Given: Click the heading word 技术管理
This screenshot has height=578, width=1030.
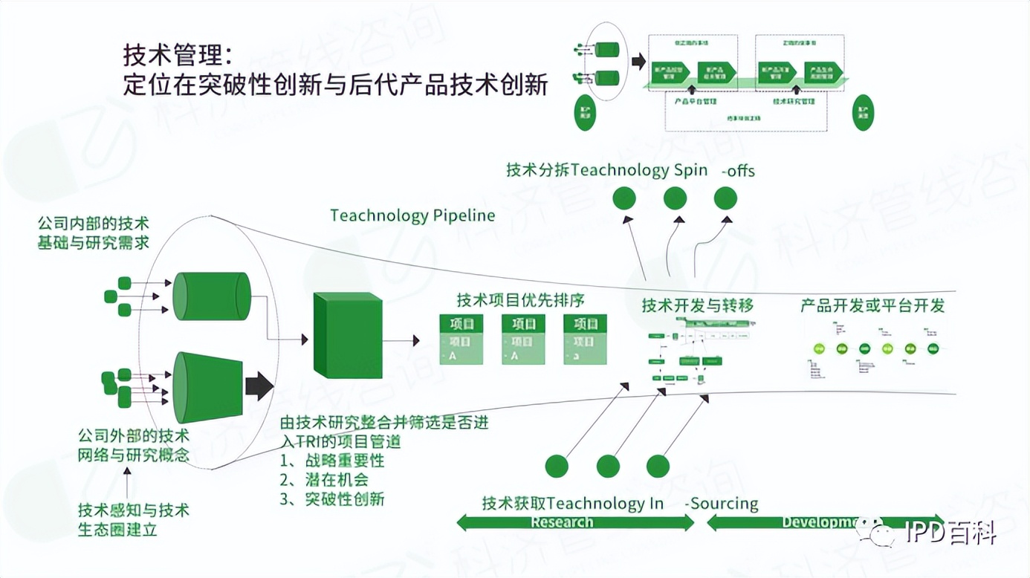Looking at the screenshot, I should [x=172, y=56].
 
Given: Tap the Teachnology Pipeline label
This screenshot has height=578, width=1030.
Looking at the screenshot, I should [x=412, y=215].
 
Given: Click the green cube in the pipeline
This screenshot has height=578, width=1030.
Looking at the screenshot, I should [x=348, y=335].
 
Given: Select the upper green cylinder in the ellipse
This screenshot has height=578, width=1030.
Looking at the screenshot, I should [x=211, y=296].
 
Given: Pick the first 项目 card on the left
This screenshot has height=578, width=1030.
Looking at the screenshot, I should [x=461, y=340].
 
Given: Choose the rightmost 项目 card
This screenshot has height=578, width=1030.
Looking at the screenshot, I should [x=585, y=340].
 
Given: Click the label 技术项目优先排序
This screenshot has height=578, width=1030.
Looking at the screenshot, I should [x=520, y=300].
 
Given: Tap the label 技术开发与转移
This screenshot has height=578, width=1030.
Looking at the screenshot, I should [x=698, y=305].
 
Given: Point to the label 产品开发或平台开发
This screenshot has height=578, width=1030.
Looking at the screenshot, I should [x=872, y=305].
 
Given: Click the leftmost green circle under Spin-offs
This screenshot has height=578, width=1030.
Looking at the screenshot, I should [x=624, y=198].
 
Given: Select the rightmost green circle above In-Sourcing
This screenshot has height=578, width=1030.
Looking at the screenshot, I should [x=658, y=466].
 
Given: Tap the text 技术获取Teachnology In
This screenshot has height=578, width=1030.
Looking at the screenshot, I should [x=572, y=503].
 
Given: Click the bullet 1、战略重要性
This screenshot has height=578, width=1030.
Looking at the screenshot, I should [x=332, y=461].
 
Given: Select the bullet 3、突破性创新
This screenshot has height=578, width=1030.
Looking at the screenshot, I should [x=332, y=499].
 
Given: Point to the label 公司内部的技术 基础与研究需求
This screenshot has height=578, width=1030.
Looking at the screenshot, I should [x=93, y=233].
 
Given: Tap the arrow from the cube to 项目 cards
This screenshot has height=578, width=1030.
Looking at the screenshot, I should [x=401, y=340].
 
